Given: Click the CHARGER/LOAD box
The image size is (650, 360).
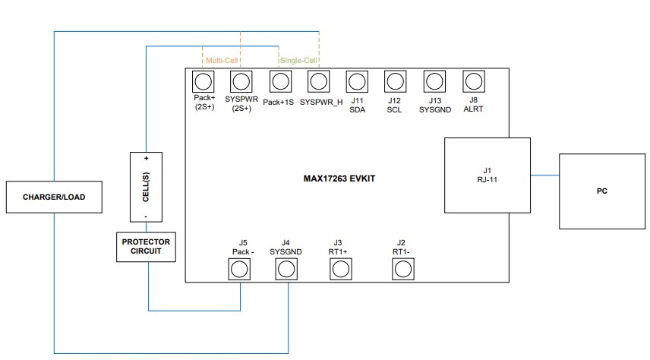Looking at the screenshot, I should click(x=53, y=197).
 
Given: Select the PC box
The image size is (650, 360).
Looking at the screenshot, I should click(x=601, y=191).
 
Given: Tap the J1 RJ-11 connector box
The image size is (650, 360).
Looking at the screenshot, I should click(x=487, y=175).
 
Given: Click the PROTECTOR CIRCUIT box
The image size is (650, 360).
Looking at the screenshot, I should click(x=146, y=247).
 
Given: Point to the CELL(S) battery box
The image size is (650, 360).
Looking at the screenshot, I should click(x=146, y=187).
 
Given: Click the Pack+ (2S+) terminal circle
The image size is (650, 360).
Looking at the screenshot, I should click(x=203, y=81).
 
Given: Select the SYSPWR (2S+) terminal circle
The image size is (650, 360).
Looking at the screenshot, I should click(x=241, y=81).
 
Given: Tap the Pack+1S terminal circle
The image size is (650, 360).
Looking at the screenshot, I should click(x=279, y=81).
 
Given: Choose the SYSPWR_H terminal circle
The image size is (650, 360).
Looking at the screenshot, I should click(x=319, y=81).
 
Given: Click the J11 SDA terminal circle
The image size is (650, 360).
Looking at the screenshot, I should click(x=357, y=81).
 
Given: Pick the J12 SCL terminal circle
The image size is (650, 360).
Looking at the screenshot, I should click(x=395, y=81).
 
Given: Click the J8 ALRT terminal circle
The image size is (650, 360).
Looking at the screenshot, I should click(x=473, y=81).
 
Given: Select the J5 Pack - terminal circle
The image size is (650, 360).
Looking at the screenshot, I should click(x=240, y=269).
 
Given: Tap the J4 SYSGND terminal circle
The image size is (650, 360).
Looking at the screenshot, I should click(x=286, y=269).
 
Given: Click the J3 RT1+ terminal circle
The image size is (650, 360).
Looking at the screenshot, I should click(x=340, y=269).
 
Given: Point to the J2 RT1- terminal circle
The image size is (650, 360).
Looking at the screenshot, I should click(x=402, y=269).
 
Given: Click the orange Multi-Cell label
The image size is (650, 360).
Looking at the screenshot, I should click(x=222, y=60).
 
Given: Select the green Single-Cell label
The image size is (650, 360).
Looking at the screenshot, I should click(x=299, y=60).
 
